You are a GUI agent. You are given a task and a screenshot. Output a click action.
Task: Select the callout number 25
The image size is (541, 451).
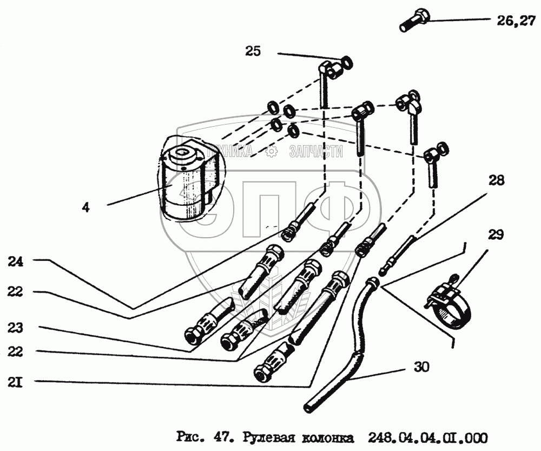click(253, 51)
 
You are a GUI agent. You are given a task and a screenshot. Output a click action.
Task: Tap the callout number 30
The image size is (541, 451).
click(421, 368)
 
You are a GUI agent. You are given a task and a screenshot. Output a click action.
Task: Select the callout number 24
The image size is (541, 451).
click(16, 261)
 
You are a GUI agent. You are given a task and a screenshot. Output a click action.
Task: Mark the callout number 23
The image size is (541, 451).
click(16, 328)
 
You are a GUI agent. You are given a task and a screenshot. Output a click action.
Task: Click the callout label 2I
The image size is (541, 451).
click(15, 383)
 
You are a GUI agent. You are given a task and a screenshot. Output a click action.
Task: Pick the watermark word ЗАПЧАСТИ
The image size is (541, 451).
click(316, 152)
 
